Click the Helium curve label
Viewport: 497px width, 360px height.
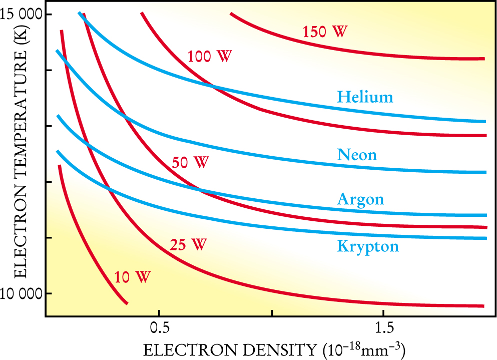(x=365, y=97)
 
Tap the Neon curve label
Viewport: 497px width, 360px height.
(x=357, y=154)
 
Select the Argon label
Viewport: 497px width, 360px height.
(x=360, y=199)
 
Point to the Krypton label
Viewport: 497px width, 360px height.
(x=368, y=246)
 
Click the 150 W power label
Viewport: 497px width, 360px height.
(x=325, y=32)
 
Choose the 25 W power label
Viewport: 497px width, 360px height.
(x=188, y=245)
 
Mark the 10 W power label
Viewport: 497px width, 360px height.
(x=132, y=276)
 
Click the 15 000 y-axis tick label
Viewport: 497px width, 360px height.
(x=22, y=15)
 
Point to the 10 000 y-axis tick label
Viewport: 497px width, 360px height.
(x=22, y=293)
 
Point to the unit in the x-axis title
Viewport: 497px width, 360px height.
(x=362, y=348)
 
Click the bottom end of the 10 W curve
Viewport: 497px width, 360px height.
(x=126, y=303)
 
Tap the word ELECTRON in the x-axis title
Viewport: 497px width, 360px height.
(x=183, y=349)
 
